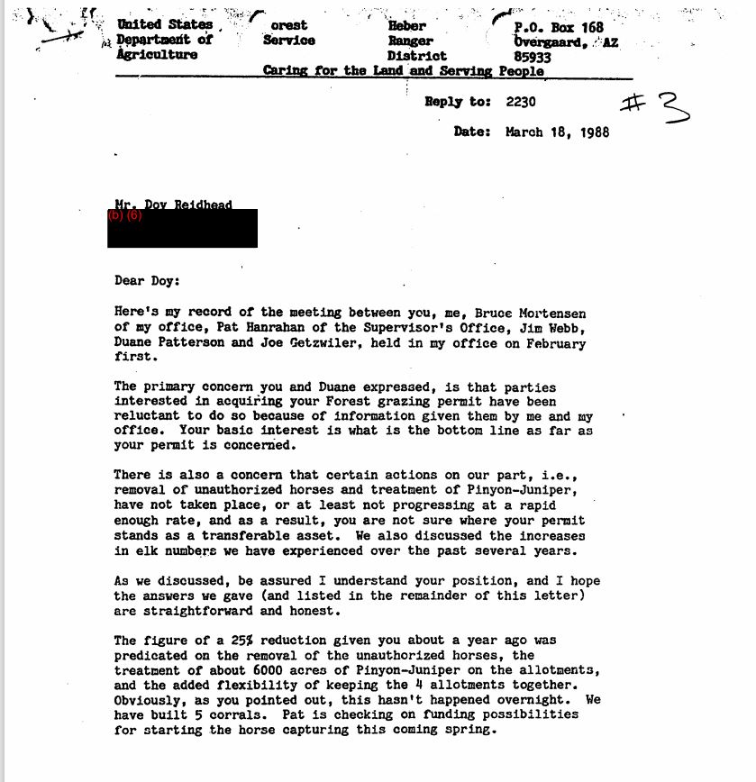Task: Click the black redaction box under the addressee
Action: coord(182,230)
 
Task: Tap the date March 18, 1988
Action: coord(557,132)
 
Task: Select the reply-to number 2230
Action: coord(521,102)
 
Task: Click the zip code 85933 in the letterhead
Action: coord(533,56)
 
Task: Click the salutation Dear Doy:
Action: coord(147,280)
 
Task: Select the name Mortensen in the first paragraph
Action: coord(549,314)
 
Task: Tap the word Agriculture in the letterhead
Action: coord(157,55)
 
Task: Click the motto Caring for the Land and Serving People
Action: coord(403,71)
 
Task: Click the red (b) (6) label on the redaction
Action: coord(125,215)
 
